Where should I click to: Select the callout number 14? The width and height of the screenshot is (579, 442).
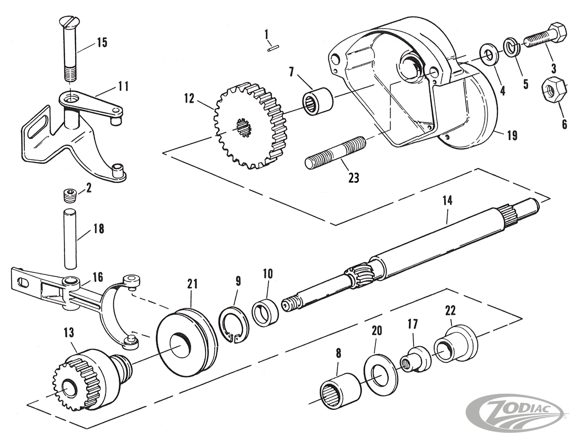point(447,201)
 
